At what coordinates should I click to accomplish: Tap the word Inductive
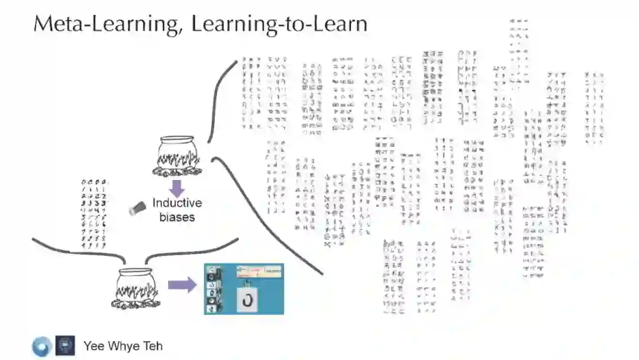(x=177, y=203)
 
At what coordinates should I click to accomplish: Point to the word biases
(x=177, y=217)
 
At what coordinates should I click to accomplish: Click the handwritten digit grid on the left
(x=94, y=213)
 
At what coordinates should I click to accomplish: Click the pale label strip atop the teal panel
(x=259, y=271)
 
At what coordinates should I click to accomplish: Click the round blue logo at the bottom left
(x=42, y=346)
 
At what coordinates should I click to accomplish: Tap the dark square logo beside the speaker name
(x=65, y=346)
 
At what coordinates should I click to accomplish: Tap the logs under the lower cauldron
(x=135, y=304)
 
